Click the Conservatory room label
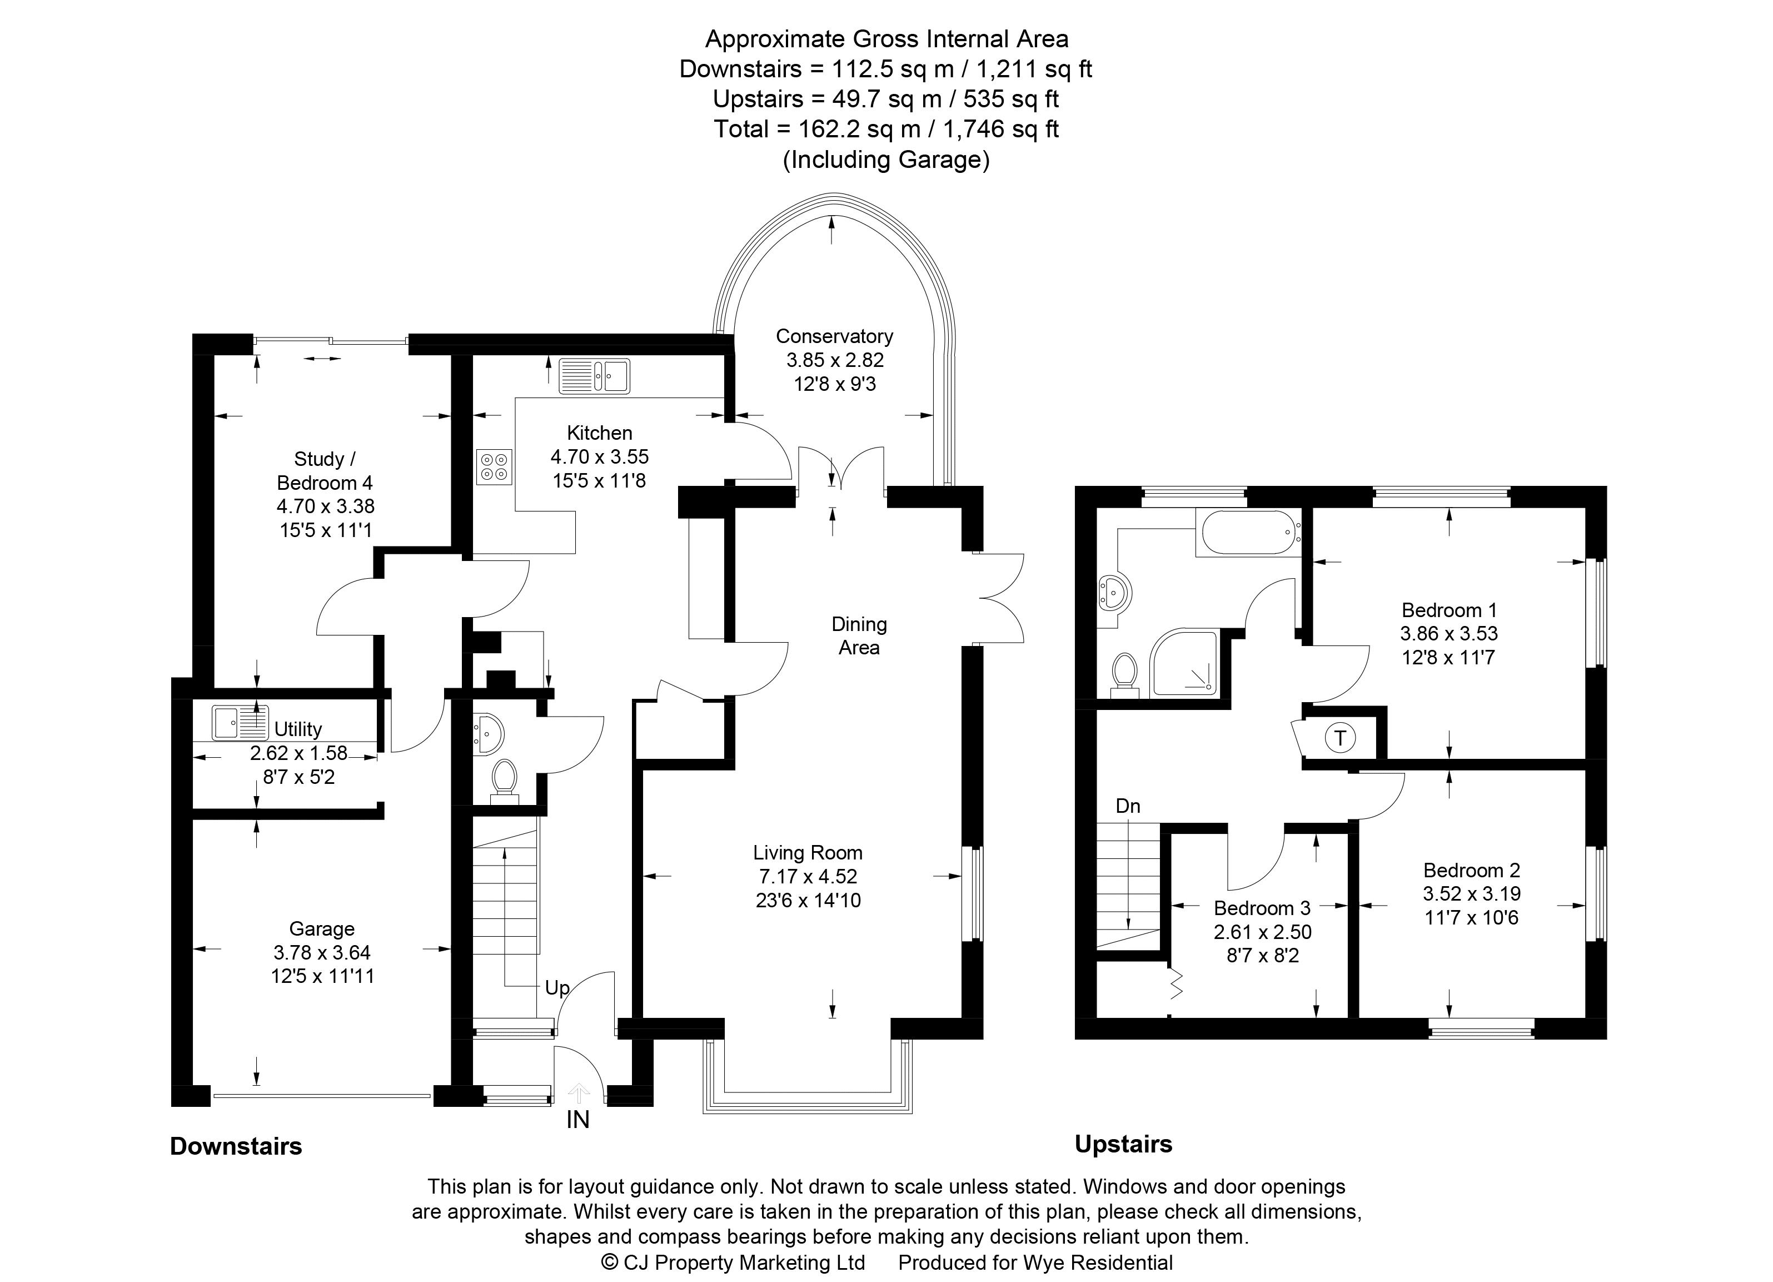click(x=834, y=336)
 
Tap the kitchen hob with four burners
click(x=494, y=466)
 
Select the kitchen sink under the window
click(x=595, y=375)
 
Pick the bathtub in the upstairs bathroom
click(x=1248, y=533)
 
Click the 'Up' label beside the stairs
click(x=556, y=988)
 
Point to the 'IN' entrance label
click(x=577, y=1120)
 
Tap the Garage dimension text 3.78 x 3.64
click(x=322, y=952)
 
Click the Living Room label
click(x=808, y=853)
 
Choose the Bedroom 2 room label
click(x=1471, y=870)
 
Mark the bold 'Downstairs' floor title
click(x=236, y=1147)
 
